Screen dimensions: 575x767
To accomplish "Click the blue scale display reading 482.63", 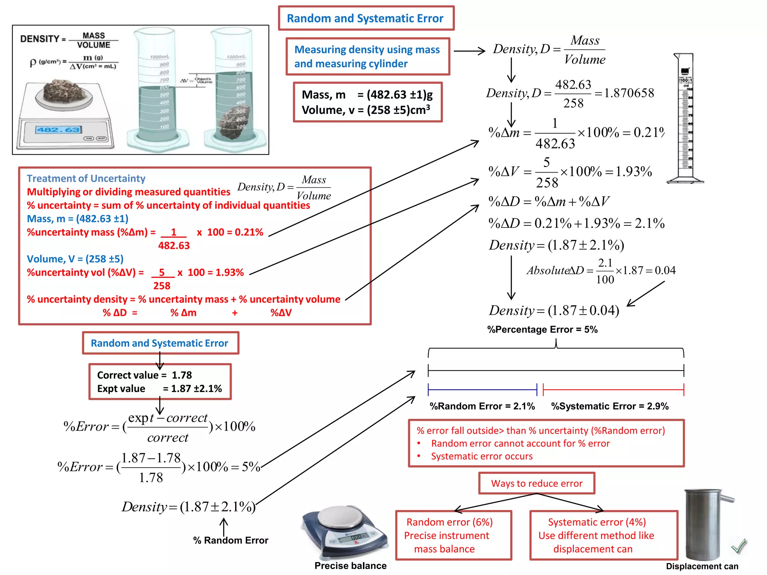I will point(58,130).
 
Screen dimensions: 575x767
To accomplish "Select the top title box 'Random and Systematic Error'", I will point(366,18).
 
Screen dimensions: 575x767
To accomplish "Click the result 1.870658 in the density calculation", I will point(629,93).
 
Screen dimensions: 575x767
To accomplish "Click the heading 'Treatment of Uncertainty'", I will point(86,178).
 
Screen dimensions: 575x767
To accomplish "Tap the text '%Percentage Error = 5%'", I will point(542,329).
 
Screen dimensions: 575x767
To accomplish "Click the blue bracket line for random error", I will point(482,390).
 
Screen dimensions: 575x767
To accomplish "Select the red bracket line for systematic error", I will point(613,390).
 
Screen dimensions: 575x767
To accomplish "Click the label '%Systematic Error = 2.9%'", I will point(609,406).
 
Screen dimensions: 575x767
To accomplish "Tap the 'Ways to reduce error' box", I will point(536,483).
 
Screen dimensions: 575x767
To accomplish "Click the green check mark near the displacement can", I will point(739,547).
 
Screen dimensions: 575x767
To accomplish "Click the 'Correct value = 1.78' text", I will point(144,375).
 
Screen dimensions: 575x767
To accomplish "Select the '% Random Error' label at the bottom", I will point(230,540).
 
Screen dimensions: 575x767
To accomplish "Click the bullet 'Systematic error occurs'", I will point(481,456).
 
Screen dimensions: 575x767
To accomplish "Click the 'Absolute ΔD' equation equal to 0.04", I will point(601,270).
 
